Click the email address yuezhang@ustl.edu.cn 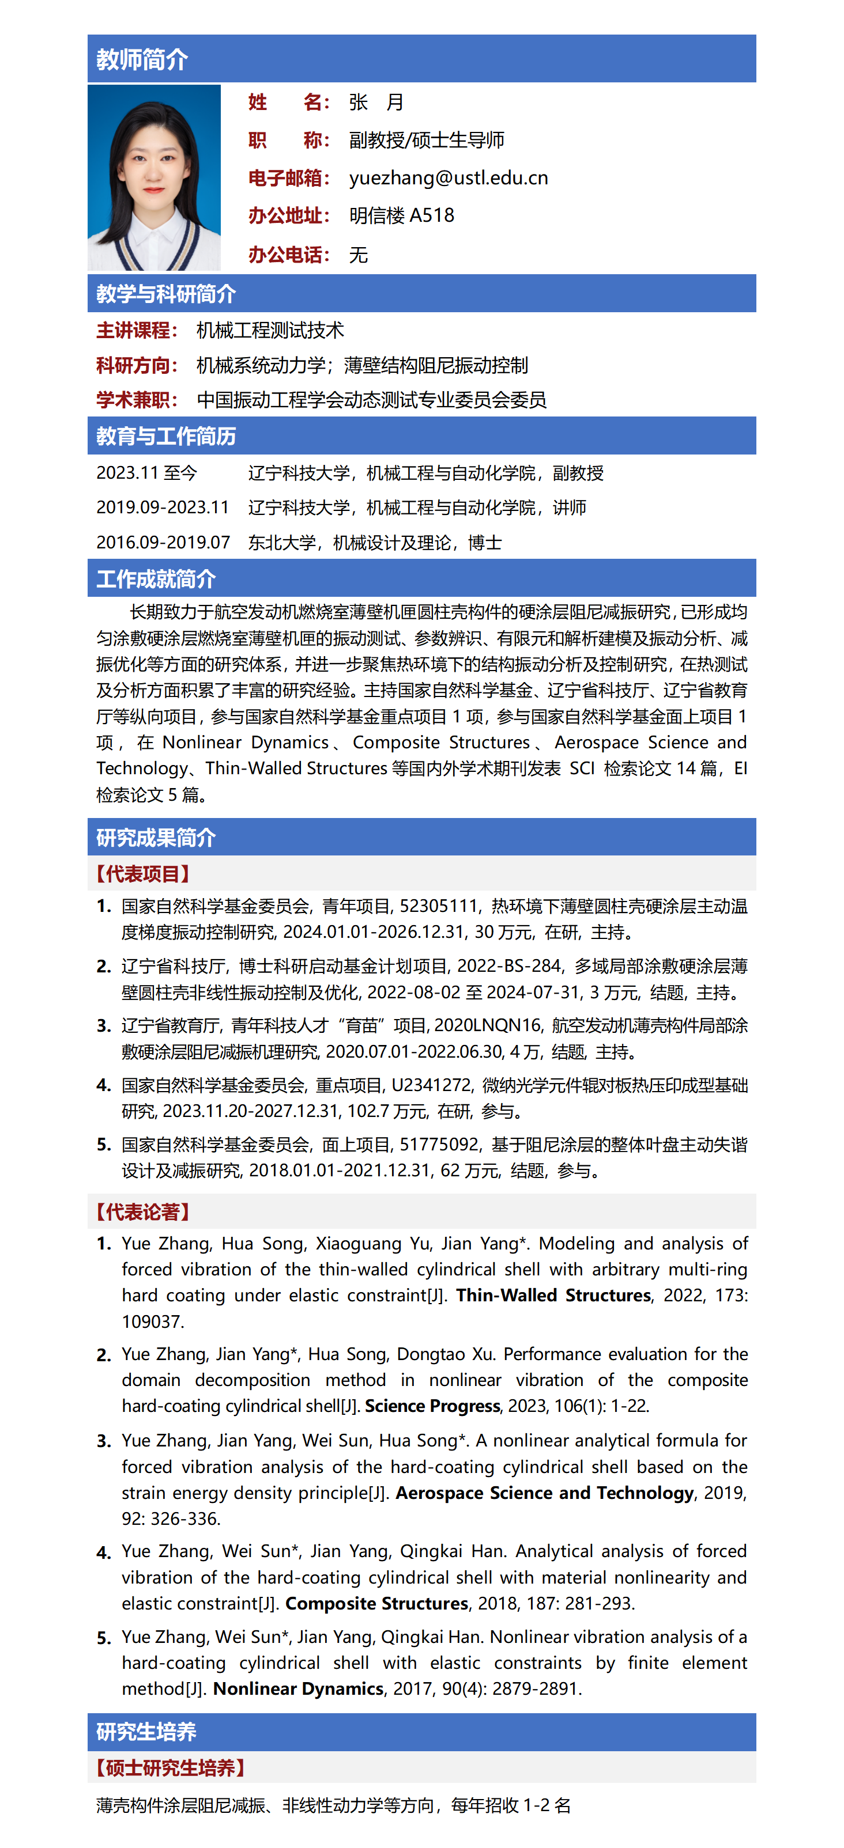pyautogui.click(x=449, y=178)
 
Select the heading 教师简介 pyautogui.click(x=142, y=59)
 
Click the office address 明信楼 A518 pyautogui.click(x=401, y=216)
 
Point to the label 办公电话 pyautogui.click(x=288, y=255)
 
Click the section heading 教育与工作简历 pyautogui.click(x=166, y=436)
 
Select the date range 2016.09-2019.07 pyautogui.click(x=163, y=542)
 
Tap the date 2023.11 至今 pyautogui.click(x=146, y=474)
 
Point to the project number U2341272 pyautogui.click(x=431, y=1085)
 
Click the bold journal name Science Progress pyautogui.click(x=432, y=1406)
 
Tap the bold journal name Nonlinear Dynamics pyautogui.click(x=298, y=1689)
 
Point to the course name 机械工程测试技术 pyautogui.click(x=270, y=331)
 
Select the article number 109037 pyautogui.click(x=152, y=1321)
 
